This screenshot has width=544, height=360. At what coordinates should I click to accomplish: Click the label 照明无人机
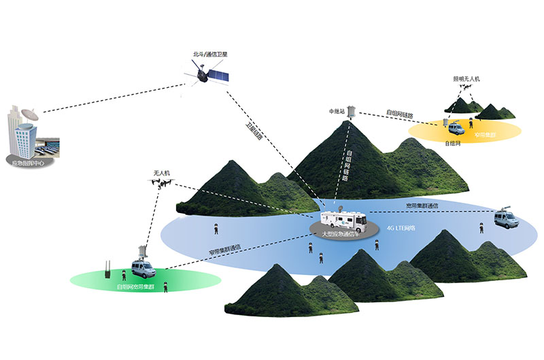[466, 80]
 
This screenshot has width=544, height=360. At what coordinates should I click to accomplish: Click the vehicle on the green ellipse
[144, 270]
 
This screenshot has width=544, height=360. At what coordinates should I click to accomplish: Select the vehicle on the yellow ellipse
[455, 127]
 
